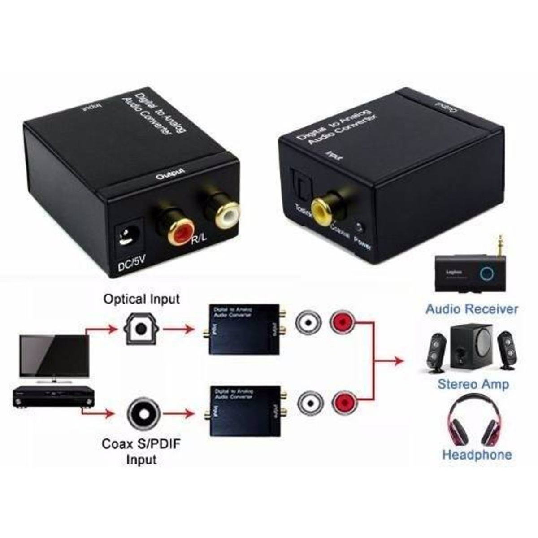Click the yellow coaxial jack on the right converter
(321, 208)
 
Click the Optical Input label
(141, 299)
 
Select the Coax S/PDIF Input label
(141, 451)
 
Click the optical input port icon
(141, 329)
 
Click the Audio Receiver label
(472, 309)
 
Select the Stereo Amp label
(473, 384)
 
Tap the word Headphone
(477, 455)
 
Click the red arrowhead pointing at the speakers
(399, 360)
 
